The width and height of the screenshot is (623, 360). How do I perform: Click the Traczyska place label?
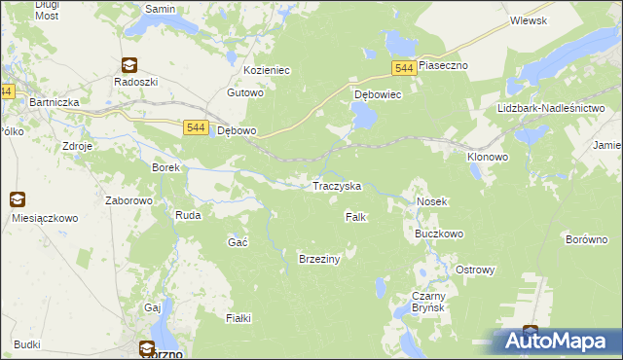pyautogui.click(x=336, y=185)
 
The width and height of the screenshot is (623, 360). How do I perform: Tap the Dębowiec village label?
pyautogui.click(x=378, y=95)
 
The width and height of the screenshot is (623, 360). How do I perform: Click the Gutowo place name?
pyautogui.click(x=245, y=93)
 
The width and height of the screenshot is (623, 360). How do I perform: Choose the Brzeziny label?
pyautogui.click(x=318, y=258)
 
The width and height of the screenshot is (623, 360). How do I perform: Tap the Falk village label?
pyautogui.click(x=355, y=217)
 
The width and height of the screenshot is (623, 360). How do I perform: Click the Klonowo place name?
pyautogui.click(x=488, y=156)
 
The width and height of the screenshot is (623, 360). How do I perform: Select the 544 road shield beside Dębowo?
pyautogui.click(x=195, y=127)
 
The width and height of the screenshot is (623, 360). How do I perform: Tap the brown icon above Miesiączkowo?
pyautogui.click(x=18, y=199)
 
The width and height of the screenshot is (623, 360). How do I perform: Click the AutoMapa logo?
pyautogui.click(x=554, y=341)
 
